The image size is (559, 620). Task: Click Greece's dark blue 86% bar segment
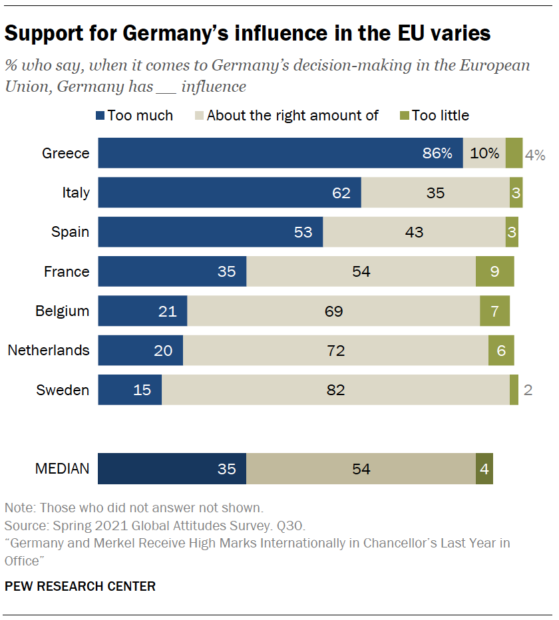pos(279,153)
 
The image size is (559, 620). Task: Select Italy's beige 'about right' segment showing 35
pos(435,193)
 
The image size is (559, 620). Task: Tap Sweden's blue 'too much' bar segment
pos(130,390)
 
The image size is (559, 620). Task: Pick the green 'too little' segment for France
pos(494,271)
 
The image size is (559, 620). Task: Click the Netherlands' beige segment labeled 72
pos(335,351)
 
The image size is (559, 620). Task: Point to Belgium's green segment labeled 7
pos(494,311)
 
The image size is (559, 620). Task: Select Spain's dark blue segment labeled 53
pos(210,232)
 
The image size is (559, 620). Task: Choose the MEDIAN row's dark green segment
pos(484,469)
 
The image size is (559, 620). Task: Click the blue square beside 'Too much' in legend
pos(100,116)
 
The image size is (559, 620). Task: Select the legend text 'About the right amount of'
pos(292,116)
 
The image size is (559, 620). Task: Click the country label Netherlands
pos(49,351)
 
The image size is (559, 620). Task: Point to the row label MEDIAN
pos(62,469)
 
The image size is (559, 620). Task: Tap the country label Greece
pos(65,154)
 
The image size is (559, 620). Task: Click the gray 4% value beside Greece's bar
pos(535,155)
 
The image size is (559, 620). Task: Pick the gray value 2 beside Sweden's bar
pos(528,390)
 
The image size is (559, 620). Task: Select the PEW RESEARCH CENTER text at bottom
pos(81,587)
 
